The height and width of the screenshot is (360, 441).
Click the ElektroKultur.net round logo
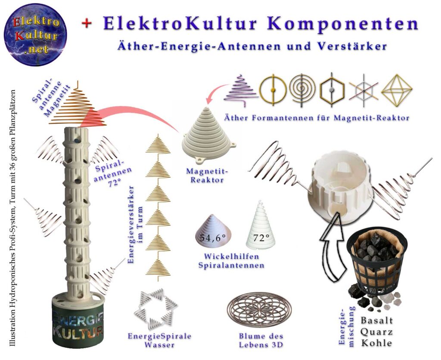(35, 34)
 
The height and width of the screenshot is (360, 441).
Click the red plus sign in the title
(87, 24)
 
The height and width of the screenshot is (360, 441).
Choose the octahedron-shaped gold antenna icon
(397, 90)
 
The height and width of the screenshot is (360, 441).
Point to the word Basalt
(377, 321)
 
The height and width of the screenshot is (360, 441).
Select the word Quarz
(376, 332)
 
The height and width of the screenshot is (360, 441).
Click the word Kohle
(376, 344)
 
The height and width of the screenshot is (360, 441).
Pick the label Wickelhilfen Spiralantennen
(231, 261)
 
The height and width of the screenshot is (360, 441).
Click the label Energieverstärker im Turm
(134, 224)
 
